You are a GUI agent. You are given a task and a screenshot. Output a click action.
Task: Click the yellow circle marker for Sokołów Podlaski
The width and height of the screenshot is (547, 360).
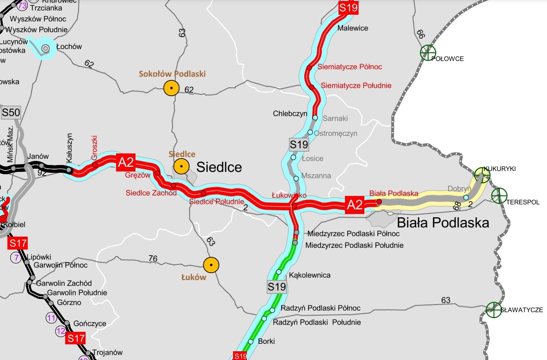(x=171, y=88)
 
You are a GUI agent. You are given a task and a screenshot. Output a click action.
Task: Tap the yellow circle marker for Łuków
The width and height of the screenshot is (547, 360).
(x=211, y=265)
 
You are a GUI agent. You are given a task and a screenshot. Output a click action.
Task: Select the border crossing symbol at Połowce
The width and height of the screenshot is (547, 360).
(x=428, y=52)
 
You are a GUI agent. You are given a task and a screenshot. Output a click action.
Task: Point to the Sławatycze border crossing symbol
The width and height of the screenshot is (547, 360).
(x=493, y=310)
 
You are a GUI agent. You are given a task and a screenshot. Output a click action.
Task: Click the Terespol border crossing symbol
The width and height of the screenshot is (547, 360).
(x=498, y=195)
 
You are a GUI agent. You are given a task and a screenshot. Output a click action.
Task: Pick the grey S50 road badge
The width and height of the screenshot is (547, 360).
(x=11, y=112)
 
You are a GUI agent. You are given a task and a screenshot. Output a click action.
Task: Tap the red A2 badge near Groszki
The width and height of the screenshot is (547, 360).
(x=126, y=163)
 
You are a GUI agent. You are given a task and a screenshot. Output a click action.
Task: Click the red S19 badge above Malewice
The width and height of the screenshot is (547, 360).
(x=348, y=8)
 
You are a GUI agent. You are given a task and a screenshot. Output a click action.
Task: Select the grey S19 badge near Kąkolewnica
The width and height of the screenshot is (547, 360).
(x=277, y=287)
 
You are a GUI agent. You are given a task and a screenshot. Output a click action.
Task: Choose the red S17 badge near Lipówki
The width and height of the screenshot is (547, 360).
(x=18, y=243)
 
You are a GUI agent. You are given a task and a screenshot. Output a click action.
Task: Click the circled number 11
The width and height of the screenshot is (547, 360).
(x=51, y=317)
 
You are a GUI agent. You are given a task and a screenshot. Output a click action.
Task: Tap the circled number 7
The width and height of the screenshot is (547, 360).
(x=17, y=257)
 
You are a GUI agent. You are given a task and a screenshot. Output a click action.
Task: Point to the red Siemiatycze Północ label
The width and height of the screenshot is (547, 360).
(x=350, y=67)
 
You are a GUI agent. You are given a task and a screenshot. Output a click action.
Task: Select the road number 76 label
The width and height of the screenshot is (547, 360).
(x=153, y=259)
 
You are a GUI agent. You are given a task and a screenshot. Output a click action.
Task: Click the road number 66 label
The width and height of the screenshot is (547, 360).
(x=420, y=34)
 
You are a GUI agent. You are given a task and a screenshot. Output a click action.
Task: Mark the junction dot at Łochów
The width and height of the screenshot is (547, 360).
(x=46, y=48)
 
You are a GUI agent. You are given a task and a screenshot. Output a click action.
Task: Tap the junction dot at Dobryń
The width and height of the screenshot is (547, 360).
(x=466, y=197)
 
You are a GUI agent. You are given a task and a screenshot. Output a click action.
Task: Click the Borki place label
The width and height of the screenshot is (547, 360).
(x=267, y=342)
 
